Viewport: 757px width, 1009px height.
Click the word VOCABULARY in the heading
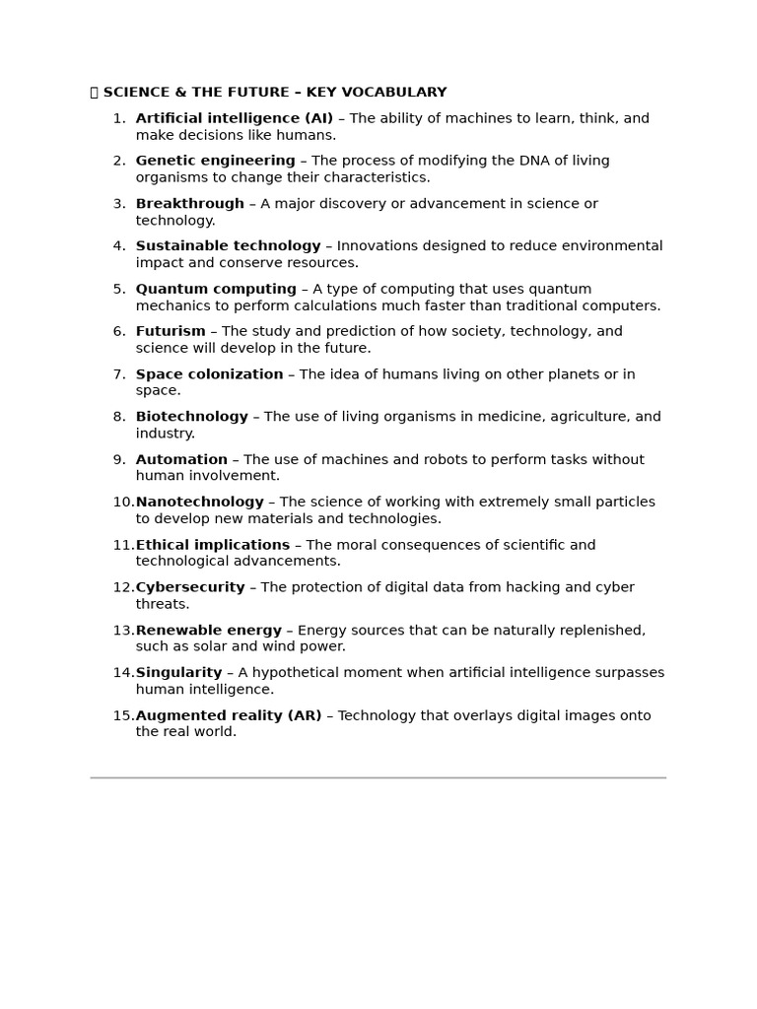click(399, 93)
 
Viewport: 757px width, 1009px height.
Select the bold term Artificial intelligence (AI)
click(235, 118)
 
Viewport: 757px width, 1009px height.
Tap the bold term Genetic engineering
click(215, 161)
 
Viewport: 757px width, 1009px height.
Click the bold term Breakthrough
click(189, 204)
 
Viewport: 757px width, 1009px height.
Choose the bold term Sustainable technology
click(228, 246)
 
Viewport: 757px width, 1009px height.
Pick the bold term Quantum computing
click(216, 289)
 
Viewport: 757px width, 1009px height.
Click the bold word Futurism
click(171, 331)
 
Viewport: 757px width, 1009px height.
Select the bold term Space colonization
click(209, 374)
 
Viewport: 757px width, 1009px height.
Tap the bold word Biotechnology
click(192, 417)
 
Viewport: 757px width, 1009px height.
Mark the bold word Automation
click(181, 459)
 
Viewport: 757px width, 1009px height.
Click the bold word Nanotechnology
click(200, 502)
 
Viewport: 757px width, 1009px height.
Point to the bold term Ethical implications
click(213, 545)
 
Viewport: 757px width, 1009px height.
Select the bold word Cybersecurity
click(190, 587)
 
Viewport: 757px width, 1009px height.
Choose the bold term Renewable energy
click(209, 631)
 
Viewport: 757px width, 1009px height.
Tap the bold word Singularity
click(179, 673)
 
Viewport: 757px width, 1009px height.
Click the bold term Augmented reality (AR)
click(229, 715)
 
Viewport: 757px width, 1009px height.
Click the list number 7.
click(118, 374)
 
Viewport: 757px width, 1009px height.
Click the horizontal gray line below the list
click(378, 777)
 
